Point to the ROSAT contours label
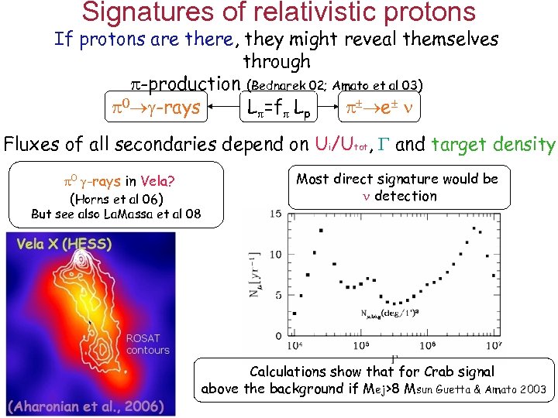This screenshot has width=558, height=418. point(147,344)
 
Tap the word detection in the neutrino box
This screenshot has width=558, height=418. point(405,197)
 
